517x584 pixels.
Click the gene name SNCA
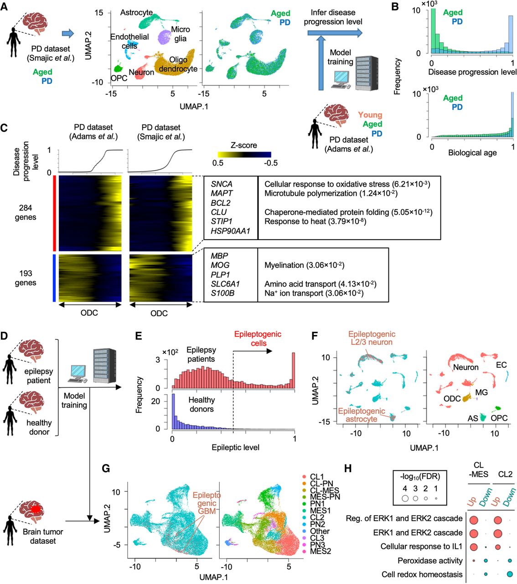[x=222, y=184]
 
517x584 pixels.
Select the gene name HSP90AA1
[x=230, y=231]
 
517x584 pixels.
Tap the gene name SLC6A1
[x=225, y=284]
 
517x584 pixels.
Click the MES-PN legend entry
[x=325, y=497]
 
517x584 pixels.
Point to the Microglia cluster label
[x=181, y=34]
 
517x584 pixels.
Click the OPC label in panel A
[x=119, y=78]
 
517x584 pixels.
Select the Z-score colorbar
[x=243, y=155]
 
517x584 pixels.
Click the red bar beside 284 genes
[x=54, y=213]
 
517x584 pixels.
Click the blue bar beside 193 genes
[x=54, y=278]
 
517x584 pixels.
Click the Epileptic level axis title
[x=235, y=448]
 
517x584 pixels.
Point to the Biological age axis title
[x=472, y=152]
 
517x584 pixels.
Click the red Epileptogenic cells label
[x=258, y=339]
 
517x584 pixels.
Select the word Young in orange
[x=370, y=115]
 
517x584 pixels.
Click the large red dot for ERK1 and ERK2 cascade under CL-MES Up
[x=474, y=533]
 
